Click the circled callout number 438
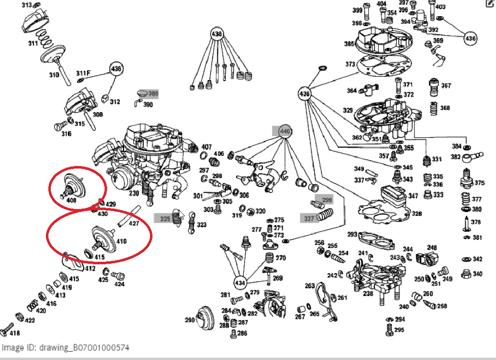(216, 34)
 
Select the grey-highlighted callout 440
(285, 131)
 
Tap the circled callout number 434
(240, 282)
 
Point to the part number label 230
(133, 193)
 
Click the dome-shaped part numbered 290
(205, 318)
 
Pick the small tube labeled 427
(129, 216)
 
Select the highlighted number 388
(153, 94)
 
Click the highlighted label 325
(165, 218)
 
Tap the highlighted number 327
(309, 218)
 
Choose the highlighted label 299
(327, 200)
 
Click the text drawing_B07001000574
(84, 348)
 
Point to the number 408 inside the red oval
(71, 200)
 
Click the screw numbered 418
(6, 329)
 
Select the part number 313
(26, 5)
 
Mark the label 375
(479, 183)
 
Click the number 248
(431, 248)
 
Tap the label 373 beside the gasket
(350, 64)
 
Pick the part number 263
(309, 286)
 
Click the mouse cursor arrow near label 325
(182, 216)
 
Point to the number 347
(413, 196)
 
